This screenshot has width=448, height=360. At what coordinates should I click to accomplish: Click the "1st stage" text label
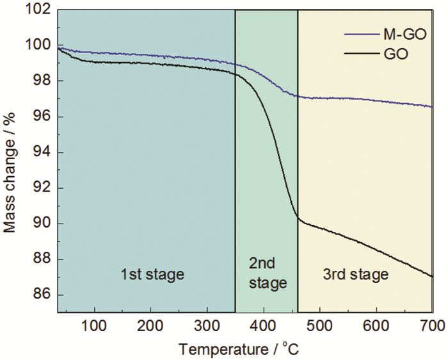(152, 275)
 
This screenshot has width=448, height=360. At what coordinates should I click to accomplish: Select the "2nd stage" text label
(266, 274)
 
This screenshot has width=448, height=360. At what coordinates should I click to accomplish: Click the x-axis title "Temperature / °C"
(238, 349)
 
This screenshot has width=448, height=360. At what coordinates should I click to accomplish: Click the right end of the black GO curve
(433, 277)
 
